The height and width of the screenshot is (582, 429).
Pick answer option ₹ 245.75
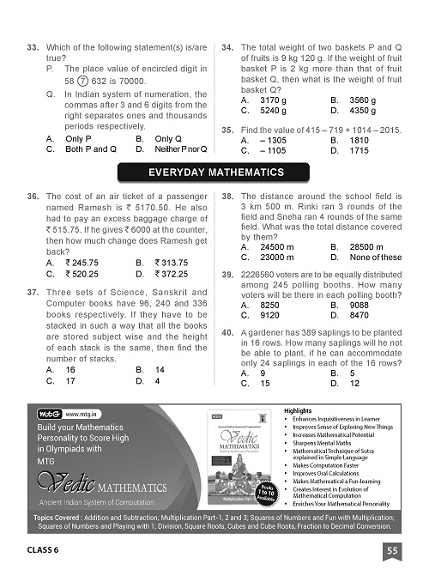85,263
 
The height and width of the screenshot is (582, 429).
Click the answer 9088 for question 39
365,304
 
